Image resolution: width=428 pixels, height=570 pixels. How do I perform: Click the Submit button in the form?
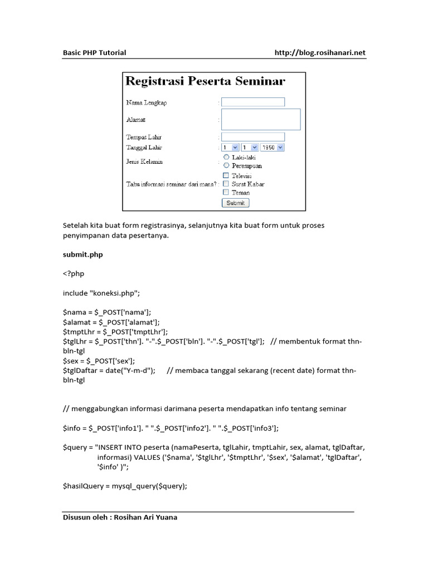pyautogui.click(x=236, y=203)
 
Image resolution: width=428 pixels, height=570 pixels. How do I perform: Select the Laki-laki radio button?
pyautogui.click(x=226, y=158)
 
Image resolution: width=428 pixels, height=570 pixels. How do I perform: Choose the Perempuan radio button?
pyautogui.click(x=226, y=165)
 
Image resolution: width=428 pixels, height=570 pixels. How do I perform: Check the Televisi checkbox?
pyautogui.click(x=226, y=175)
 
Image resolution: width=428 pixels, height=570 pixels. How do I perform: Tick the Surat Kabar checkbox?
pyautogui.click(x=226, y=184)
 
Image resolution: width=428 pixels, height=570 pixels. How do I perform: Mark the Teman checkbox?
pyautogui.click(x=226, y=192)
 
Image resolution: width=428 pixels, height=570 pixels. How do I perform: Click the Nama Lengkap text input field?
pyautogui.click(x=253, y=102)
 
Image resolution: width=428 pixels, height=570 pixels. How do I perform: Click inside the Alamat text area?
pyautogui.click(x=261, y=119)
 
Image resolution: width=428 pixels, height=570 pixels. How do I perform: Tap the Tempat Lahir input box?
pyautogui.click(x=253, y=137)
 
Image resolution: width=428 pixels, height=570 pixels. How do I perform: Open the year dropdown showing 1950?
pyautogui.click(x=273, y=148)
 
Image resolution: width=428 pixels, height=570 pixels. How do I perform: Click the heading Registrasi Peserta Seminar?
pyautogui.click(x=205, y=81)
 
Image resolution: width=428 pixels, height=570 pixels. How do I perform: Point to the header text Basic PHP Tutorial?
pyautogui.click(x=94, y=53)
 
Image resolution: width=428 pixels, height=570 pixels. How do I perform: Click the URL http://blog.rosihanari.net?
pyautogui.click(x=320, y=53)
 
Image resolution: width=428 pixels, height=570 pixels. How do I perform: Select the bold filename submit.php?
pyautogui.click(x=82, y=254)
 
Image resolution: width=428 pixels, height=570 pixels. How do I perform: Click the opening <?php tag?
pyautogui.click(x=74, y=274)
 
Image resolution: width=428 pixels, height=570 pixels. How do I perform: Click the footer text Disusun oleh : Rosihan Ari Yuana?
pyautogui.click(x=120, y=517)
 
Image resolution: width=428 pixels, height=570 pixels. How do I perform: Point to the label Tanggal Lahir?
pyautogui.click(x=144, y=148)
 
